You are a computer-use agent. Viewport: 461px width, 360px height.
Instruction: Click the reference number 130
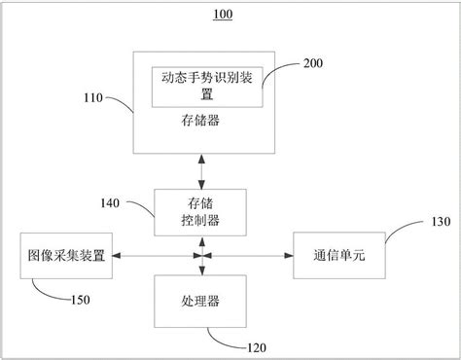[x=439, y=222]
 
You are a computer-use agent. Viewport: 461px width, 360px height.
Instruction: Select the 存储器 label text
[x=200, y=121]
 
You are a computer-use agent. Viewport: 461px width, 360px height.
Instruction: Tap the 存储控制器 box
[x=200, y=211]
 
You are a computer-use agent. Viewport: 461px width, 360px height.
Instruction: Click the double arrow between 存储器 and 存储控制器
[x=200, y=170]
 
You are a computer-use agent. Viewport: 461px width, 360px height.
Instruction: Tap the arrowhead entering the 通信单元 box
[x=288, y=256]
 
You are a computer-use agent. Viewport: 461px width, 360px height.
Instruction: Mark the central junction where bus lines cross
[x=200, y=256]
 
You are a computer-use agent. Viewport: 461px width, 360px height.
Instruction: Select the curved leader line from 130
[x=399, y=230]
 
